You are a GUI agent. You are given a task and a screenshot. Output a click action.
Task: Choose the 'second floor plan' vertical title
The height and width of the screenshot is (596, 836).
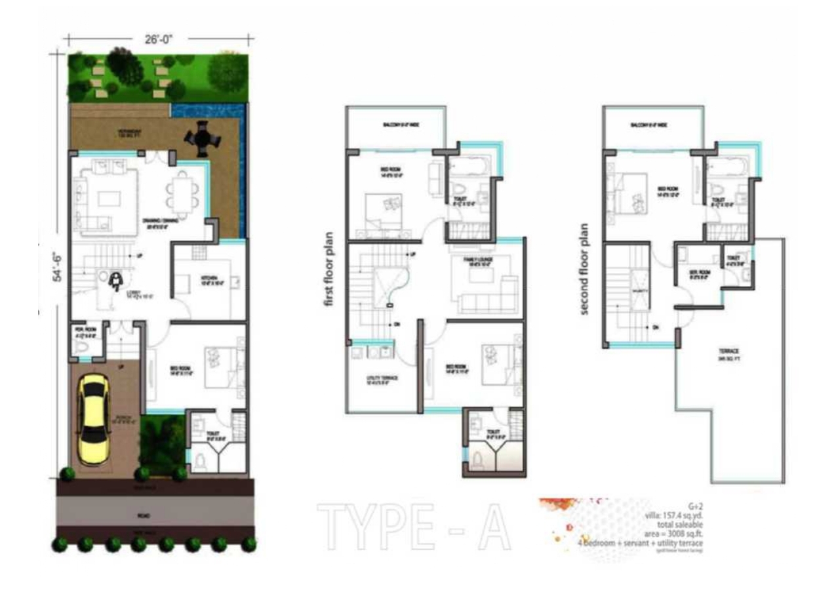pyautogui.click(x=585, y=268)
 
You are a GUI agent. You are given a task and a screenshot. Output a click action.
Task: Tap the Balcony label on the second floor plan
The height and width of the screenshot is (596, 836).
pyautogui.click(x=649, y=124)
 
